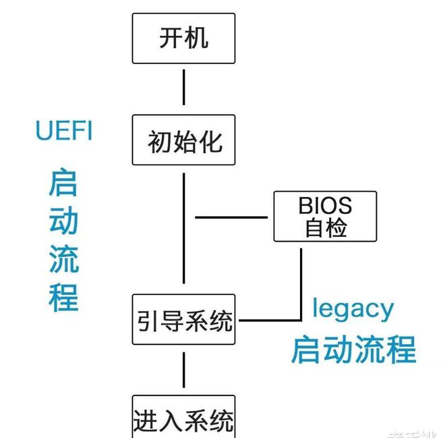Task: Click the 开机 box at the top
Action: [x=183, y=38]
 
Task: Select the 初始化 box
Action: [x=183, y=140]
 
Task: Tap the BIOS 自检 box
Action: [x=325, y=216]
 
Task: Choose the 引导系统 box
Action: [x=183, y=320]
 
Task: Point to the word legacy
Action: [x=353, y=308]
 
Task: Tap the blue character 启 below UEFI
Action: [x=63, y=183]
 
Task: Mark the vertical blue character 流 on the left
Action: [x=63, y=260]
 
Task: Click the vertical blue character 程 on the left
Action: [x=63, y=297]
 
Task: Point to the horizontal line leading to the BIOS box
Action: [x=231, y=218]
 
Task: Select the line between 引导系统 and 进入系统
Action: [x=183, y=370]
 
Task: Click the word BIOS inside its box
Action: [x=325, y=204]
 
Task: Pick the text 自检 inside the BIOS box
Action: [x=325, y=228]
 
